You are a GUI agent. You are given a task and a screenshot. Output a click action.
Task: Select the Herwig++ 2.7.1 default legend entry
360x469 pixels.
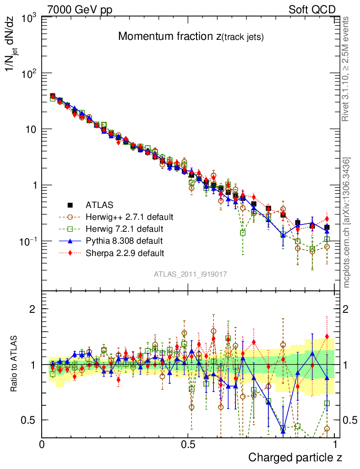click(x=130, y=217)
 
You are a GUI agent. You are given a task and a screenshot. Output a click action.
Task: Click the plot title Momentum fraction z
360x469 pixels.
click(x=191, y=37)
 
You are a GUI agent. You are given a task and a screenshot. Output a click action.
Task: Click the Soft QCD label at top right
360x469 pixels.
click(x=312, y=10)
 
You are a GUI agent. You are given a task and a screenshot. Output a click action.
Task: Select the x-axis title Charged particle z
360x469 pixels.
click(x=295, y=458)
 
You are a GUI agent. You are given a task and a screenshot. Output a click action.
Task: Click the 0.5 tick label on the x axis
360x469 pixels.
click(x=188, y=444)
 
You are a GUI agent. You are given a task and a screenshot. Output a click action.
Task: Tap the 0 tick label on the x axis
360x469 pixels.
click(x=42, y=444)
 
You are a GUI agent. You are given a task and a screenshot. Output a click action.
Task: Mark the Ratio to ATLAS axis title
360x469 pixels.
click(x=15, y=364)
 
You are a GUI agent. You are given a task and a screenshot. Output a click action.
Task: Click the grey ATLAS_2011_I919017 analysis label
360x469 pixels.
click(x=191, y=274)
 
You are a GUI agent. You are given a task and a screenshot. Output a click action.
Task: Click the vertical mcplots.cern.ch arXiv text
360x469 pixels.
click(x=347, y=222)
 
